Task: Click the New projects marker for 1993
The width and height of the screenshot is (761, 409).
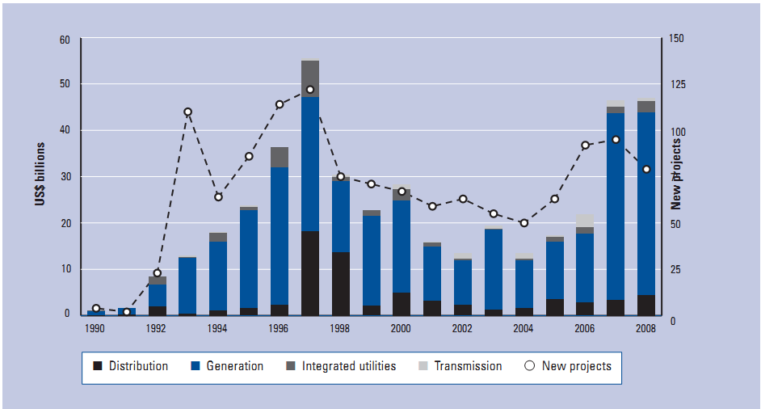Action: pos(187,112)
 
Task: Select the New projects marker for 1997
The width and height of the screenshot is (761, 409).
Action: pos(310,90)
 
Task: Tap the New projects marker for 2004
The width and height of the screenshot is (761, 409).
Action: pos(524,223)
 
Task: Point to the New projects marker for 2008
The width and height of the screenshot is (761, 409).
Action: pos(646,169)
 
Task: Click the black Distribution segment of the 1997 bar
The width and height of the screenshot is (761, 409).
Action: pos(310,272)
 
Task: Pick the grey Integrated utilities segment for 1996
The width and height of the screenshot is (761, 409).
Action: pos(280,158)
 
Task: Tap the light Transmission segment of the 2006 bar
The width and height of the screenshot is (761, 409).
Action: pos(585,221)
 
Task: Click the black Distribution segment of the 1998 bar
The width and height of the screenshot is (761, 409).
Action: pos(341,283)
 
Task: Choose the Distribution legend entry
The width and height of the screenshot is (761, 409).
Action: pos(130,366)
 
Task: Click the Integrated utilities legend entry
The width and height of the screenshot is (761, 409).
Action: pos(340,366)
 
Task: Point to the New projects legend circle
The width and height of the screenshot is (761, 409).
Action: pos(530,366)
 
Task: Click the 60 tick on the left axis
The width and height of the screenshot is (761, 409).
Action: pos(65,40)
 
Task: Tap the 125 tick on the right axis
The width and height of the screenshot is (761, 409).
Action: pos(673,85)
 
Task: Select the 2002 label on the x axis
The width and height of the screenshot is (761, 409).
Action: pos(463,329)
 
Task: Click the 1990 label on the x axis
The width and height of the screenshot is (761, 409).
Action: pos(95,329)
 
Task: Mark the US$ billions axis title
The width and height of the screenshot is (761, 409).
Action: pos(40,174)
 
